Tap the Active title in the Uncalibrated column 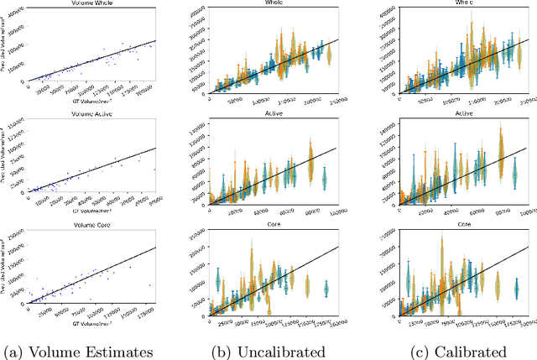(272, 122)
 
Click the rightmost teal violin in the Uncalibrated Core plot (326, 289)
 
